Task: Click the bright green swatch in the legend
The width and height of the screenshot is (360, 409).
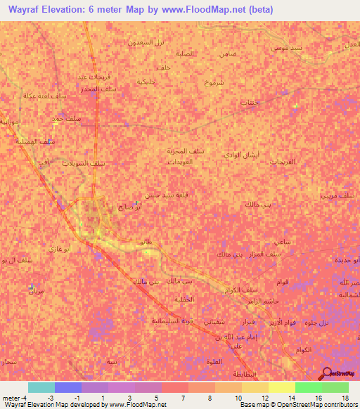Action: pyautogui.click(x=308, y=387)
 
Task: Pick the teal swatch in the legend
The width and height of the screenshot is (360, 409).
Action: pyautogui.click(x=41, y=387)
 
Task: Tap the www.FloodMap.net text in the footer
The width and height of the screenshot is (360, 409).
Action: pyautogui.click(x=136, y=405)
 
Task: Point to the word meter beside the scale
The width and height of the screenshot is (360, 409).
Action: pyautogui.click(x=12, y=398)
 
